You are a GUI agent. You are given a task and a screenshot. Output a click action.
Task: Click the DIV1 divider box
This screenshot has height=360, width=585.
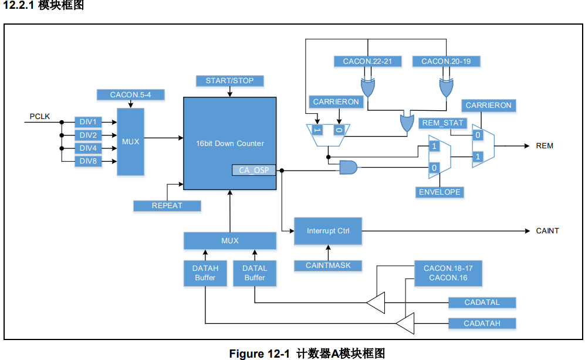coord(88,122)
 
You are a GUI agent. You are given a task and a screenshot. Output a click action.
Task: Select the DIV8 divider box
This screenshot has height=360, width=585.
coord(88,162)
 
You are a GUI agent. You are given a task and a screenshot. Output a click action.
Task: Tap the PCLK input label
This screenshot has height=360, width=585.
coord(40,117)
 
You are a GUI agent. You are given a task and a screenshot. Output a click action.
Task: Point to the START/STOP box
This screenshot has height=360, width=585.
coord(229,80)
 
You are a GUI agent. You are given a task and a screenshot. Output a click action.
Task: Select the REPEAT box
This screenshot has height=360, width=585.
coord(167,206)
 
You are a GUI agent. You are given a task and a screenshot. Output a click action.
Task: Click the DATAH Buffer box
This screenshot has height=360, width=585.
coord(205,273)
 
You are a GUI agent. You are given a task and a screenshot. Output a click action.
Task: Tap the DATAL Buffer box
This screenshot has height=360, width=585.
coord(255,273)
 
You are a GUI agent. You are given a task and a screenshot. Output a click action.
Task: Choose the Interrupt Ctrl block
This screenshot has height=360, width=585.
coord(328,231)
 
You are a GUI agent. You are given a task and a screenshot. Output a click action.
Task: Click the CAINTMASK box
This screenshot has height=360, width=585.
coord(328,266)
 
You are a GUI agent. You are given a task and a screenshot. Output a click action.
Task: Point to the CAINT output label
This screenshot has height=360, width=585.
coord(547,231)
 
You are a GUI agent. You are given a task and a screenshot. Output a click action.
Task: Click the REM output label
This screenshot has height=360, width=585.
coord(544,146)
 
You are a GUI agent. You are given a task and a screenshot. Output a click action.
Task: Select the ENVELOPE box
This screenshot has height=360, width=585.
coord(439,192)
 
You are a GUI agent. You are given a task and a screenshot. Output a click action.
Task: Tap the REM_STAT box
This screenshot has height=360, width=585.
coord(443,123)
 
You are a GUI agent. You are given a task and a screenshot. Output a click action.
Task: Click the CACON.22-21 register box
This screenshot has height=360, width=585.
coord(367,62)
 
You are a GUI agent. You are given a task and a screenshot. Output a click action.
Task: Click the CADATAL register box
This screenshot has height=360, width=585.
coord(482,303)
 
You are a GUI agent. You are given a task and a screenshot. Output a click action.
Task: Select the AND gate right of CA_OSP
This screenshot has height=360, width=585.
coord(349,168)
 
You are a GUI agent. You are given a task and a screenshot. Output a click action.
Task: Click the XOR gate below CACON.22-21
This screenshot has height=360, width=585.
coord(368,89)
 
